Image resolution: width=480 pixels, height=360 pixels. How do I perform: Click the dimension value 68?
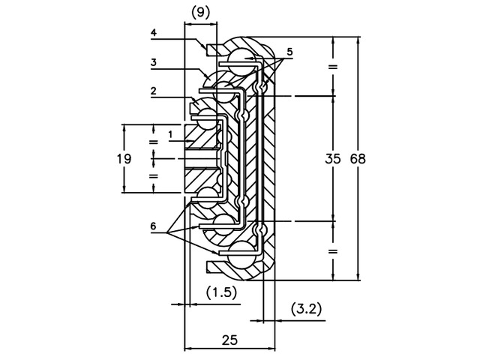tap(358, 159)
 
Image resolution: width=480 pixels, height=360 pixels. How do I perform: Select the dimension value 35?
tap(333, 159)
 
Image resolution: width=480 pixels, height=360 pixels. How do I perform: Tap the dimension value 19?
tap(124, 159)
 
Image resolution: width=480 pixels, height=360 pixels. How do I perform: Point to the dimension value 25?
tap(230, 340)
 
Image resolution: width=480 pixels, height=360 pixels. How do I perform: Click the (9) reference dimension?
tap(200, 13)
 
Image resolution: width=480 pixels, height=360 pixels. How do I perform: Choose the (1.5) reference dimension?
tap(222, 292)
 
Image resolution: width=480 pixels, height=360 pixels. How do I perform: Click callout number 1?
tap(170, 134)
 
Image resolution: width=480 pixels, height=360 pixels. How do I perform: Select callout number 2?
tap(153, 91)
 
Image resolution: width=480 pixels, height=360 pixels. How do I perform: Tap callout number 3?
tap(153, 62)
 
